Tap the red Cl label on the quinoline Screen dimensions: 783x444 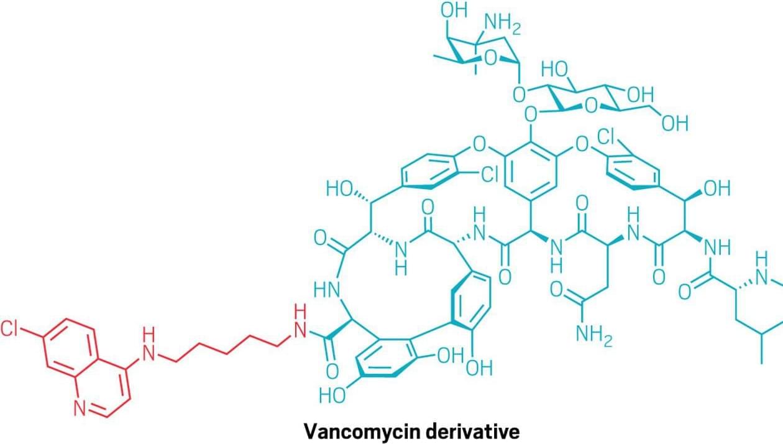[9, 329]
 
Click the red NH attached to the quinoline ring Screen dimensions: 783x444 [148, 345]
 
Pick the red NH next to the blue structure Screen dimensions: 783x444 [300, 321]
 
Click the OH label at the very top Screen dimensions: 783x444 [454, 10]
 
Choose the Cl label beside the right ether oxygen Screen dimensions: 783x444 [605, 137]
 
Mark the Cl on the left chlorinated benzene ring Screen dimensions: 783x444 [490, 174]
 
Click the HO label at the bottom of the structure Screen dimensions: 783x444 [332, 395]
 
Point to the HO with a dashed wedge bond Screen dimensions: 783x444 [339, 189]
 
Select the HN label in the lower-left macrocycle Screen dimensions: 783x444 [327, 290]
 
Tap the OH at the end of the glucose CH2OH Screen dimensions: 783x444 [675, 124]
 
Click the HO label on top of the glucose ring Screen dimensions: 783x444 [555, 69]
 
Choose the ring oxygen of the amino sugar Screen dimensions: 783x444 [490, 58]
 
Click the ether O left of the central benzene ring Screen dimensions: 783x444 [479, 144]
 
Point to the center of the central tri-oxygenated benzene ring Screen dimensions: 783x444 [531, 172]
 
